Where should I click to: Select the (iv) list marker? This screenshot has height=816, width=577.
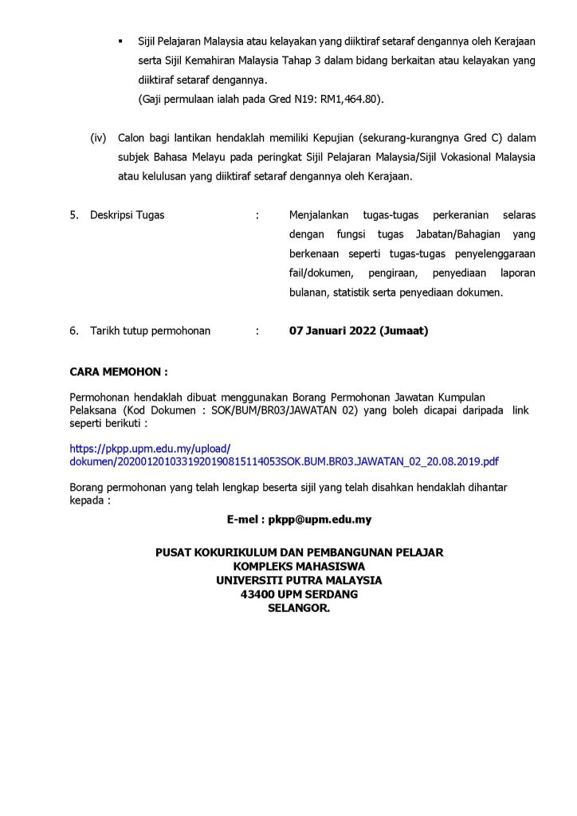coord(98,138)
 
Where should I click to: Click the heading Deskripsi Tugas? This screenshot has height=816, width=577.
coord(128,215)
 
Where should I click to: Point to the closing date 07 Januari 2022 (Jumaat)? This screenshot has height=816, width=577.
coord(358,331)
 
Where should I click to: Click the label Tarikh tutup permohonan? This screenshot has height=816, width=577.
coord(151,331)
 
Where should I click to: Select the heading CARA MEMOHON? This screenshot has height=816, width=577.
coord(119,371)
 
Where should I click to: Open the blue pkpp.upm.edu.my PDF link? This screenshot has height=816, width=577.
coord(285,461)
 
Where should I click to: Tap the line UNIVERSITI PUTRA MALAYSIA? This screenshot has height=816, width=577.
coord(299,580)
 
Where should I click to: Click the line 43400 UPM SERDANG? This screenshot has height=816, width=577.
coord(299,594)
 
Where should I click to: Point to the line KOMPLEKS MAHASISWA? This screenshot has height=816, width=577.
coord(299,566)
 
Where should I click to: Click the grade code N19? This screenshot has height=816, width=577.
coord(296,99)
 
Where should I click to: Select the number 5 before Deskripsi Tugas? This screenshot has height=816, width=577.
coord(73,215)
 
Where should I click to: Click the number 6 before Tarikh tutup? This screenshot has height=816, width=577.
coord(73,331)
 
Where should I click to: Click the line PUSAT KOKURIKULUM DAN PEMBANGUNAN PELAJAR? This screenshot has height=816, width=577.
coord(299,551)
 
